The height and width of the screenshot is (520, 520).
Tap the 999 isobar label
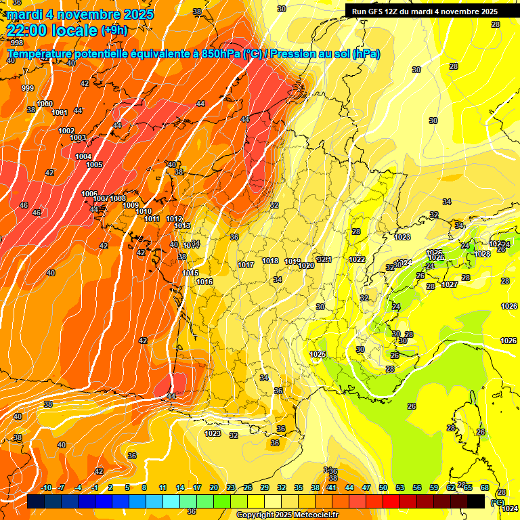[x=28, y=88]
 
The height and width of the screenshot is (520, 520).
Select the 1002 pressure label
[x=66, y=131]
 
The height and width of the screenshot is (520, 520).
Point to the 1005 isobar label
[x=94, y=165]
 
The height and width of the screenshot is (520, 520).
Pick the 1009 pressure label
[x=131, y=205]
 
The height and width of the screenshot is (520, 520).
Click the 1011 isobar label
[x=152, y=219]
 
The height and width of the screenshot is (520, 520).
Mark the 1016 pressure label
[x=204, y=282]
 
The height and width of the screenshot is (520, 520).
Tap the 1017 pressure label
[x=246, y=265]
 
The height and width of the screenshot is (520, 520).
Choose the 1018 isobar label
[x=270, y=261]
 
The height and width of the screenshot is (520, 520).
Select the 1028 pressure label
[x=483, y=254]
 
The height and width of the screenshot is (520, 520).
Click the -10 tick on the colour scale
[x=46, y=487]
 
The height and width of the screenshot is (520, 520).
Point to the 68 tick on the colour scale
[x=485, y=487]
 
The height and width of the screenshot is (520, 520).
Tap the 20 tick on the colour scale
[x=213, y=487]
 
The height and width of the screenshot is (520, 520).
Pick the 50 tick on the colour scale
[x=383, y=487]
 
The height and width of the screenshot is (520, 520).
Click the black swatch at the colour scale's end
[x=476, y=501]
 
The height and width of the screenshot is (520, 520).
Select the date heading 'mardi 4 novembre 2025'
[x=80, y=14]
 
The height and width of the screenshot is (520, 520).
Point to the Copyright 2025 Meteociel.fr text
[x=287, y=515]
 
